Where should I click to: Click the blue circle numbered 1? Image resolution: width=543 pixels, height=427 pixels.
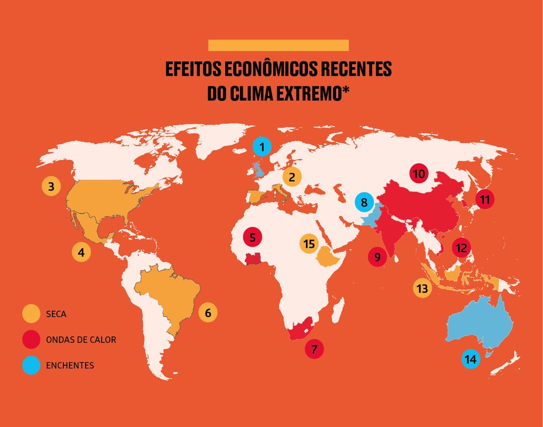click(262, 147)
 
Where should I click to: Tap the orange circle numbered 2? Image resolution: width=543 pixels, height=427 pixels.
click(292, 177)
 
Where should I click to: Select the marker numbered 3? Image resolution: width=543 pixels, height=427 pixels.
click(51, 186)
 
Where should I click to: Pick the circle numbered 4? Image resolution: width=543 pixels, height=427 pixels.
click(81, 253)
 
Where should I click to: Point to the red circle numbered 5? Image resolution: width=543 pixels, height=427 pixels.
click(252, 238)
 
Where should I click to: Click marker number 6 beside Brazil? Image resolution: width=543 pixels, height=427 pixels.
click(208, 313)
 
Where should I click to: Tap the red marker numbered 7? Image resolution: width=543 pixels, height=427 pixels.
click(314, 349)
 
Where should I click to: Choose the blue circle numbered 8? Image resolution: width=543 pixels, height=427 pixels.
click(364, 202)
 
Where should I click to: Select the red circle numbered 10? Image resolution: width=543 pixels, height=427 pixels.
click(419, 174)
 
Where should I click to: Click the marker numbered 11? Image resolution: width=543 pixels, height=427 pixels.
click(485, 199)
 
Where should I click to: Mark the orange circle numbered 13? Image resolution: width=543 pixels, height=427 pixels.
click(422, 288)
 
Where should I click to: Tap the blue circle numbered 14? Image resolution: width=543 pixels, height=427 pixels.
click(470, 360)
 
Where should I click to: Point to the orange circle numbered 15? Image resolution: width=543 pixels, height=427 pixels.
click(308, 244)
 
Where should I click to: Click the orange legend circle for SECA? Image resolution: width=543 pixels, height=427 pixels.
click(31, 314)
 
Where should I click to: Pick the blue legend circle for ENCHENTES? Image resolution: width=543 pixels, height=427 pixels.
click(31, 365)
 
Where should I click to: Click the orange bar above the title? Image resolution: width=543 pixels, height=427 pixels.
click(278, 45)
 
